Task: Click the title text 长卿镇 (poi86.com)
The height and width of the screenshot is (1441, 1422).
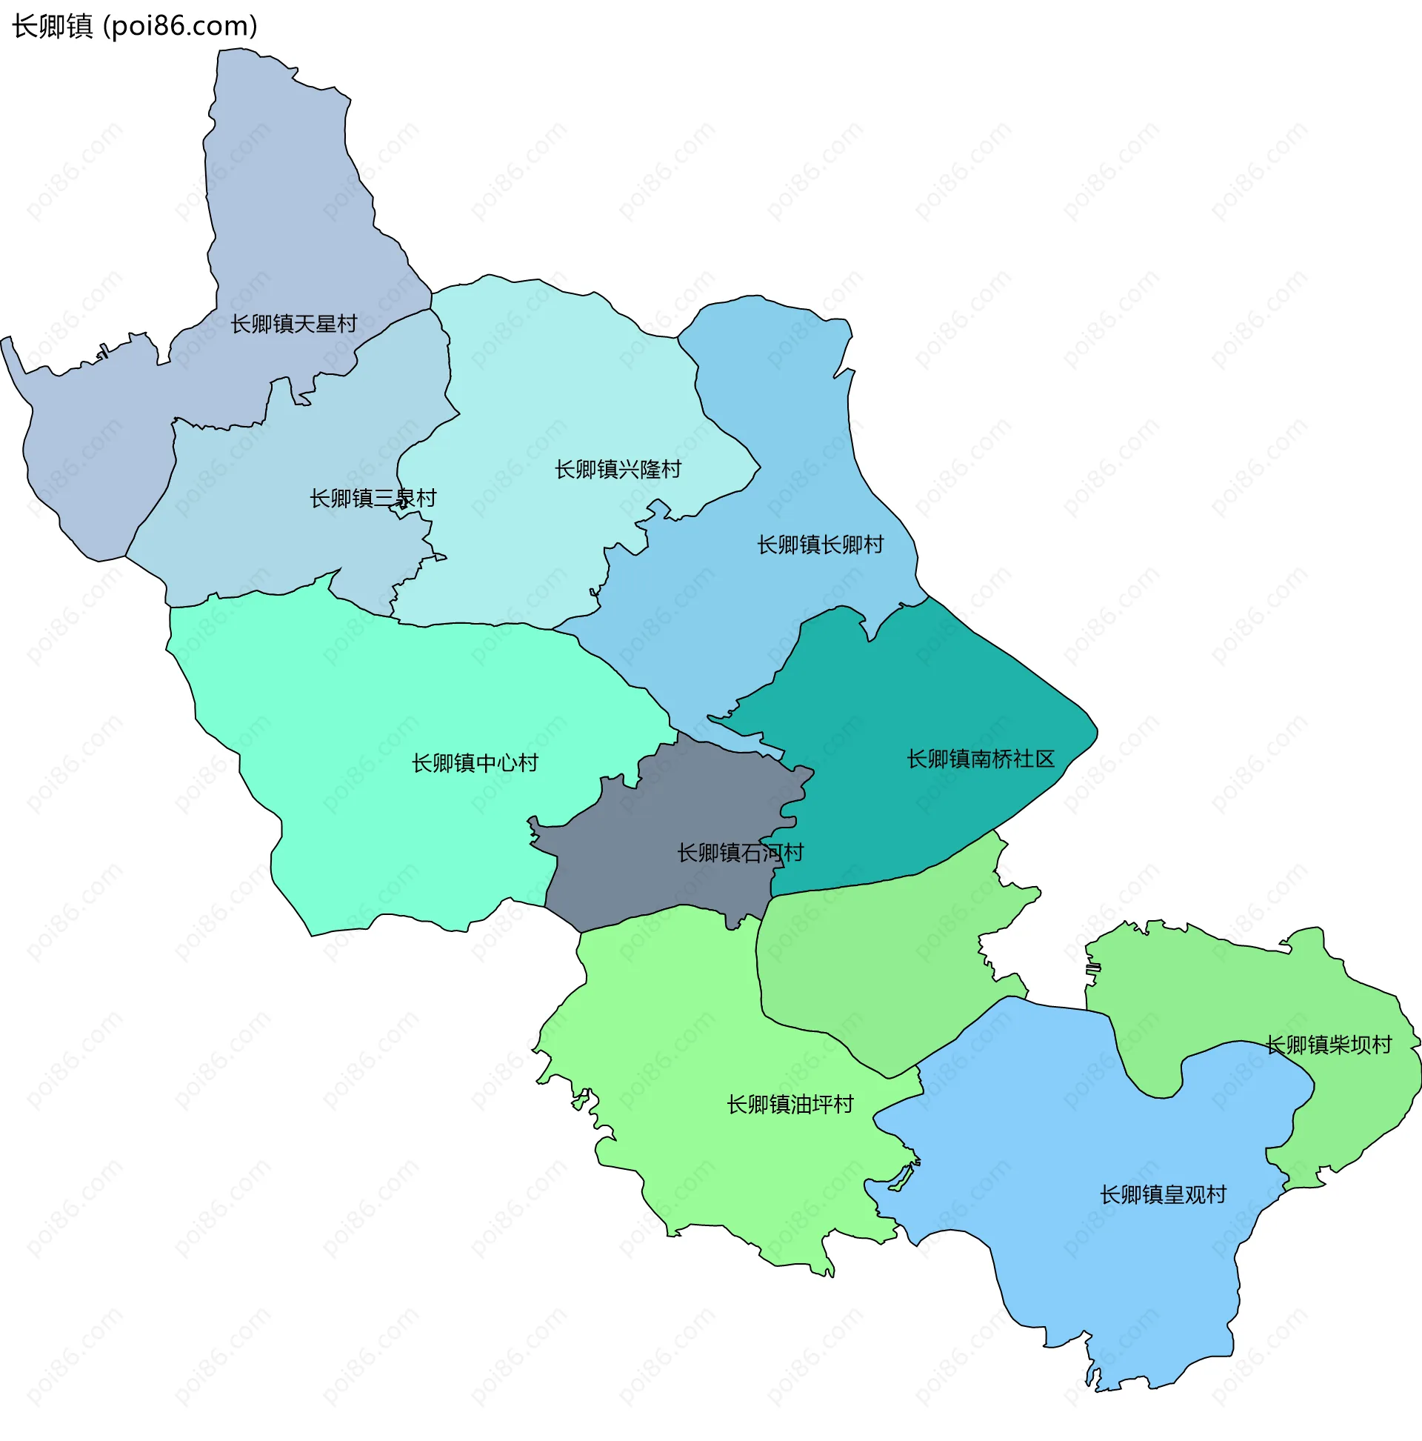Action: point(135,26)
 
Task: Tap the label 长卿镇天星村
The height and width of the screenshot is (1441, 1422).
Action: point(293,324)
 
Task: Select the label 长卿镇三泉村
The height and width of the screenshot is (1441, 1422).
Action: point(373,498)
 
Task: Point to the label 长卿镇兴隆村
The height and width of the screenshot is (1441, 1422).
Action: point(618,469)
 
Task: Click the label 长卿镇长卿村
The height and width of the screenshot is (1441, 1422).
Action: point(820,545)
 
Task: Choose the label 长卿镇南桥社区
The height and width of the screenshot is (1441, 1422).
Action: point(981,759)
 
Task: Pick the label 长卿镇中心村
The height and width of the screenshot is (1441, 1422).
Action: point(475,762)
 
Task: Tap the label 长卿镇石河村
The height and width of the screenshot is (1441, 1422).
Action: point(740,853)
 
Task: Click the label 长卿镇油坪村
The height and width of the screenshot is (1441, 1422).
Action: point(790,1105)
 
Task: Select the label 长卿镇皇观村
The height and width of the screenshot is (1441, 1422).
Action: point(1163,1195)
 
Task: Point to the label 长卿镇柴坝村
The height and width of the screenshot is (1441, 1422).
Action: point(1328,1045)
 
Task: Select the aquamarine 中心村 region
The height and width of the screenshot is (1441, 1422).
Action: point(373,708)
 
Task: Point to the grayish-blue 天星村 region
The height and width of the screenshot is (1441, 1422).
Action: point(284,187)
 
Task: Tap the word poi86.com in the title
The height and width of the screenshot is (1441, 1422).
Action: point(181,26)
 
